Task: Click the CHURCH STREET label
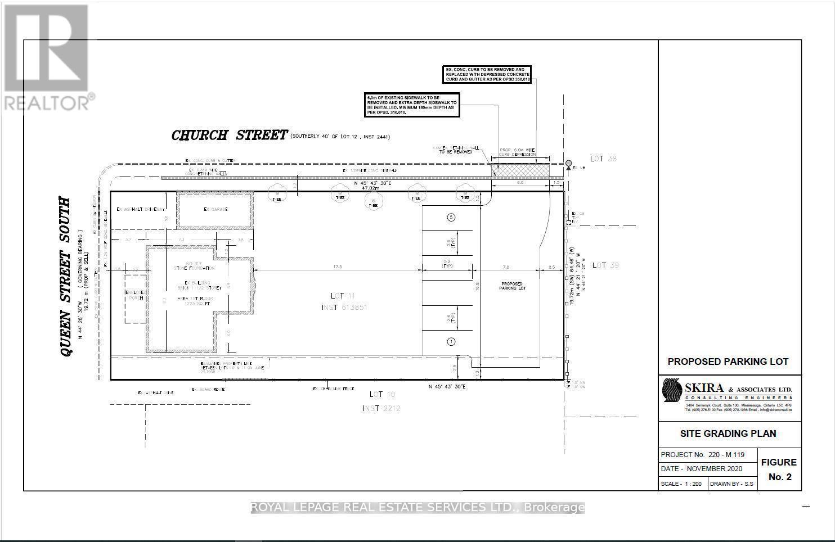click(x=229, y=135)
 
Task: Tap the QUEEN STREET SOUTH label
click(x=66, y=277)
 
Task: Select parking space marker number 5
click(x=451, y=218)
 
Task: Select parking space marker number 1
click(x=451, y=341)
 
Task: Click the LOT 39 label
click(x=605, y=265)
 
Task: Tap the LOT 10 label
click(x=383, y=395)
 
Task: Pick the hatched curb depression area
click(x=520, y=170)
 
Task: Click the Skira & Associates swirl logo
click(x=671, y=395)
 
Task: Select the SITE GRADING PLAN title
click(x=728, y=433)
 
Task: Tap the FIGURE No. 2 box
click(x=779, y=469)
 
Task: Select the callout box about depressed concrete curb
click(x=487, y=75)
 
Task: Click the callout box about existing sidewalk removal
click(x=412, y=105)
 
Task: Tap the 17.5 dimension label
click(x=338, y=267)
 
